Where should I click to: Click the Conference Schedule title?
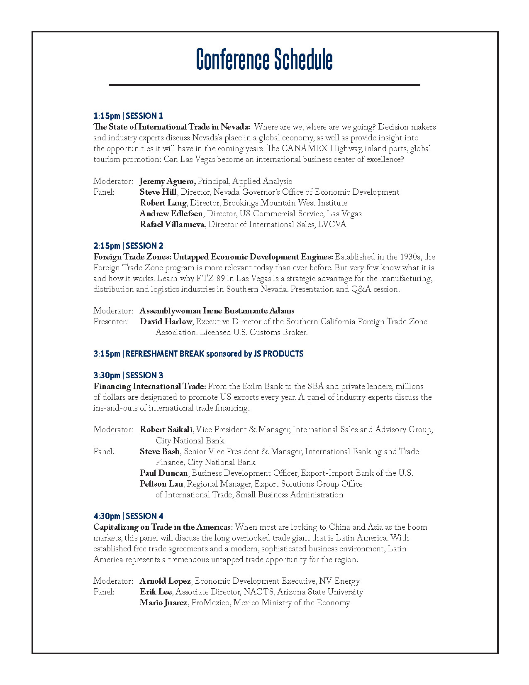[264, 59]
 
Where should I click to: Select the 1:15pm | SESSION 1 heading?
[128, 116]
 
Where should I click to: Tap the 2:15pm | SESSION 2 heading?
[128, 246]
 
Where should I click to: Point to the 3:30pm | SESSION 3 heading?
[128, 375]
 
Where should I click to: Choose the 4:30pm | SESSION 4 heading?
[128, 516]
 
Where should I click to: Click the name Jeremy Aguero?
[168, 181]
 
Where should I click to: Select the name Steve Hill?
[158, 192]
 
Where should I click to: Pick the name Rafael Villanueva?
[172, 225]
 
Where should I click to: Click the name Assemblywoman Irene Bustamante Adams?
[217, 311]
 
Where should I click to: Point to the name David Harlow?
[166, 322]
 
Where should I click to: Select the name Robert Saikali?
[166, 430]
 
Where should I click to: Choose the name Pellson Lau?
[161, 484]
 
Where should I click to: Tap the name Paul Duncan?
[164, 473]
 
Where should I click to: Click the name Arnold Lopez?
[165, 581]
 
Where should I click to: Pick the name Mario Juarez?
[163, 603]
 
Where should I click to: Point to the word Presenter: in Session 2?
[111, 322]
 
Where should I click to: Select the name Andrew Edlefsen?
[171, 214]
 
